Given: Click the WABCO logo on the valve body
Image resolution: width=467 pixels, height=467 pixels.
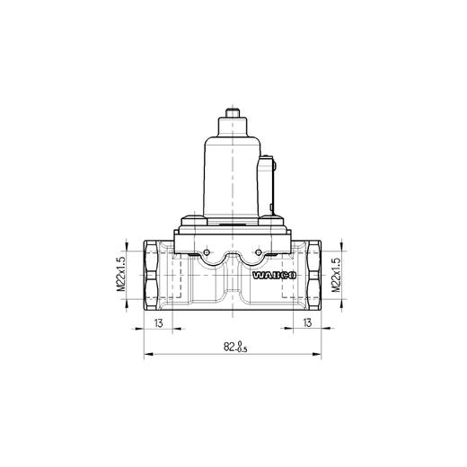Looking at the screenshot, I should pos(270,278).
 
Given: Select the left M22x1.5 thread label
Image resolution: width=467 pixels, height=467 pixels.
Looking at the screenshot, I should pos(119,276).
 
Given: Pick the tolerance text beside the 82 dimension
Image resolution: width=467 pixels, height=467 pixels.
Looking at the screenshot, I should pos(240,348).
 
